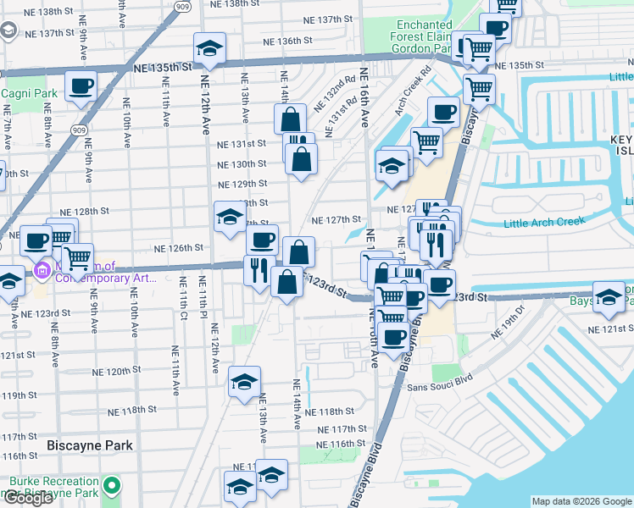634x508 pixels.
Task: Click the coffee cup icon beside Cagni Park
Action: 81,86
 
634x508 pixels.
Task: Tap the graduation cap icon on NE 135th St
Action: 209,48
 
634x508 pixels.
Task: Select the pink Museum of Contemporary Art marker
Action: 40,271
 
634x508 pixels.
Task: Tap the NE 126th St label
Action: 178,248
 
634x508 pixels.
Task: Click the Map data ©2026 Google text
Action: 581,501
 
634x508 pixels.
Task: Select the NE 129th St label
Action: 242,184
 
